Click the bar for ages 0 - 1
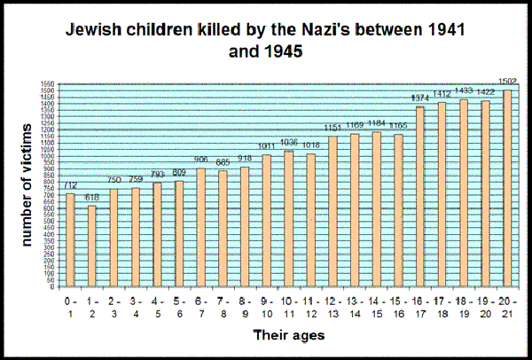(x=70, y=239)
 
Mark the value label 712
(x=70, y=187)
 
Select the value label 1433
(x=463, y=93)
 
